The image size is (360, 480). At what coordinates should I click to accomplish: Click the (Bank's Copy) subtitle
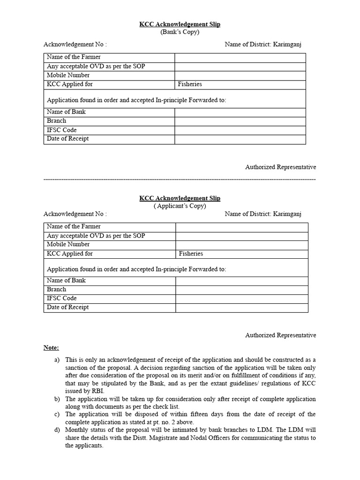(x=180, y=32)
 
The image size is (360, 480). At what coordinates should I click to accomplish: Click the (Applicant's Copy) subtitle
(x=180, y=205)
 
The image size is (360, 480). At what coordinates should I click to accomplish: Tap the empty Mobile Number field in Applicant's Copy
(x=242, y=245)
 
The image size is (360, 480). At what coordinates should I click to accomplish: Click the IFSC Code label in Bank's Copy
(x=61, y=130)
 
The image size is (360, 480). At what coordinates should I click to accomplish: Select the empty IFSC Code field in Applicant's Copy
(x=242, y=299)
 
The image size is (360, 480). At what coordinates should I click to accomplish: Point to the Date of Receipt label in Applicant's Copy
(x=67, y=307)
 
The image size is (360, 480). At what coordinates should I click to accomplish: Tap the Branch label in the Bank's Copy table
(x=56, y=121)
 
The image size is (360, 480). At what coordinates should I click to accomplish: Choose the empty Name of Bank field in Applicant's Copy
(x=242, y=281)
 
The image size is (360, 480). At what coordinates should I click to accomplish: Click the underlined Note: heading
(x=51, y=348)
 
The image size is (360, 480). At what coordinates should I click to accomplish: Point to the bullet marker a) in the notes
(x=57, y=360)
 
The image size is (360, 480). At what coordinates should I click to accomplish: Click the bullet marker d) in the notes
(x=57, y=430)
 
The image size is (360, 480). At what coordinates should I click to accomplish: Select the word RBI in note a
(x=98, y=391)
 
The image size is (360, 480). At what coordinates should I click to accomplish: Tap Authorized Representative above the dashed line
(x=280, y=167)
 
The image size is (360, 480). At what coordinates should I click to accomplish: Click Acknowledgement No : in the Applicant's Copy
(x=75, y=214)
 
